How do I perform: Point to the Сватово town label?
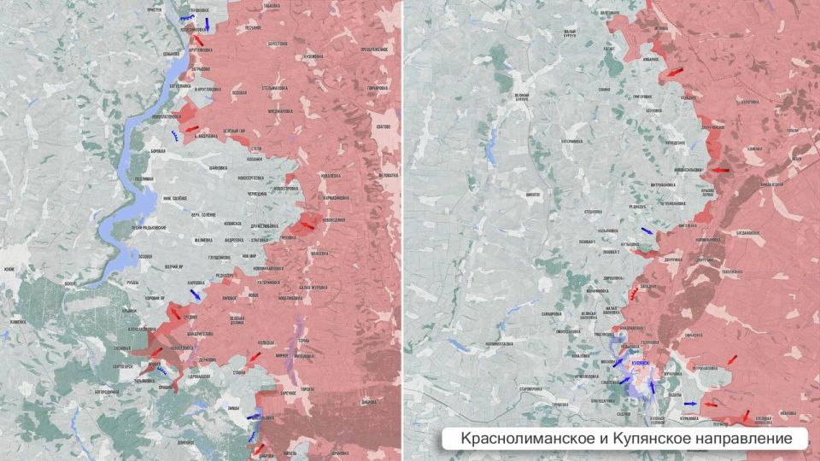point(382,126)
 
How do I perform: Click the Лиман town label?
point(233,410)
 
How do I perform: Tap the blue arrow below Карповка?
point(196,294)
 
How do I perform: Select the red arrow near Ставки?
point(254,356)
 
